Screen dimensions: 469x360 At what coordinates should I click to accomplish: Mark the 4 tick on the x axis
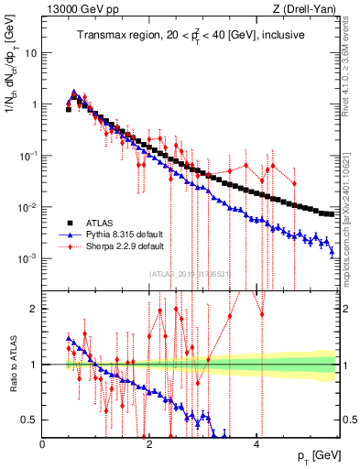pos(256,443)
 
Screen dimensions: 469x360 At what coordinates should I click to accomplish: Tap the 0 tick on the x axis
pos(43,443)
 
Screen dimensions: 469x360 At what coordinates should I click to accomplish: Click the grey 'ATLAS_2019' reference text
pos(191,273)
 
